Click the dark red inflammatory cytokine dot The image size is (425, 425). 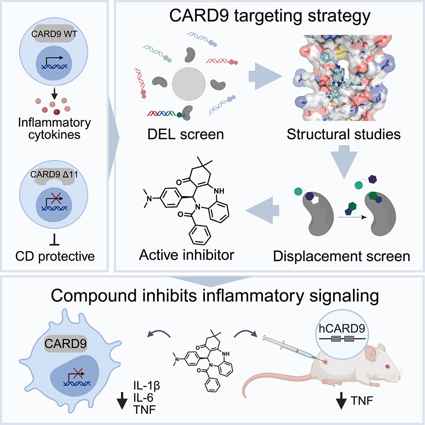click(x=55, y=112)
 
